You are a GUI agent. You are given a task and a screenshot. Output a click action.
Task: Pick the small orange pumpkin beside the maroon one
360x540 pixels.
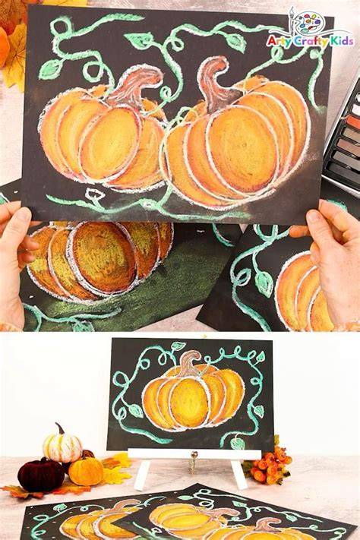pos(86,471)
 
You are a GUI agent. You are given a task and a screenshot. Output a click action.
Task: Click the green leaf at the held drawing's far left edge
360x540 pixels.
pos(50,69)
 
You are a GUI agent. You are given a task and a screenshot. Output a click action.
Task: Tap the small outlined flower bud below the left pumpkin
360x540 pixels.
pos(94,195)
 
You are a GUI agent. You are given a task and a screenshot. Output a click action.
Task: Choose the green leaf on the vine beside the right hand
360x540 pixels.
pos(264,284)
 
